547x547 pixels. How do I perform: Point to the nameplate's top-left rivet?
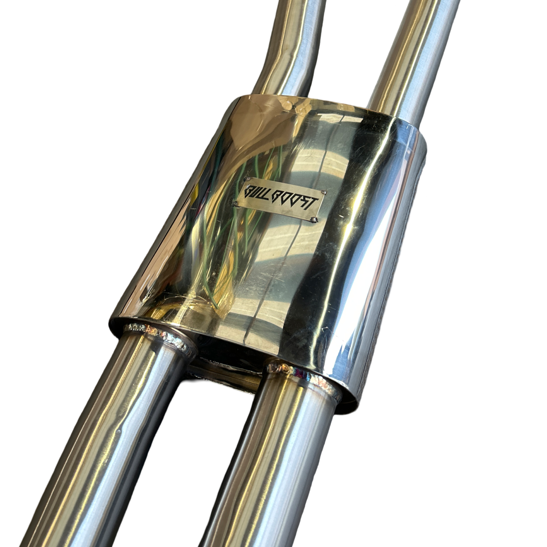tap(248, 179)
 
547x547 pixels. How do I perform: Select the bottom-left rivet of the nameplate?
tap(235, 203)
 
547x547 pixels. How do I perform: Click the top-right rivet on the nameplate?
tap(323, 192)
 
